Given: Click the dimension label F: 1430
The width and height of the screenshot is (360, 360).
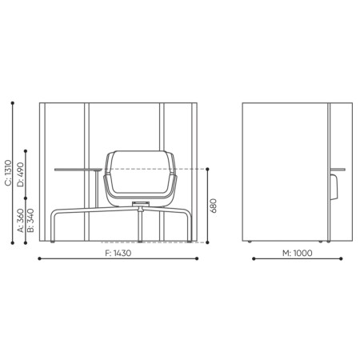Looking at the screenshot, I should coord(118,254).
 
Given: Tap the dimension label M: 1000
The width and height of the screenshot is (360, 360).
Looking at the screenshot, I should coord(298,254).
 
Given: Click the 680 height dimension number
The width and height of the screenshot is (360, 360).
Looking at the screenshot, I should coord(214,206).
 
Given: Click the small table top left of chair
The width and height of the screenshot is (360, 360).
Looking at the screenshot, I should coord(78,170).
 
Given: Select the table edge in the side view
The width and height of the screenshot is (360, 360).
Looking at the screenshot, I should coord(338,170).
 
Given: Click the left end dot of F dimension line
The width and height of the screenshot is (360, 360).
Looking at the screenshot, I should coord(40,259).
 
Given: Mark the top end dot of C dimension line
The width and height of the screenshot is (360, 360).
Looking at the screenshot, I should coord(14,102).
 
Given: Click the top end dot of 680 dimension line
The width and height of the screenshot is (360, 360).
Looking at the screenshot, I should coord(206,169).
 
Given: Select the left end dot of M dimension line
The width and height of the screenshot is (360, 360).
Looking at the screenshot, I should coord(253,259).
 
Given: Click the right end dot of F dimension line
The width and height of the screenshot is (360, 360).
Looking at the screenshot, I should coord(197,259).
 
